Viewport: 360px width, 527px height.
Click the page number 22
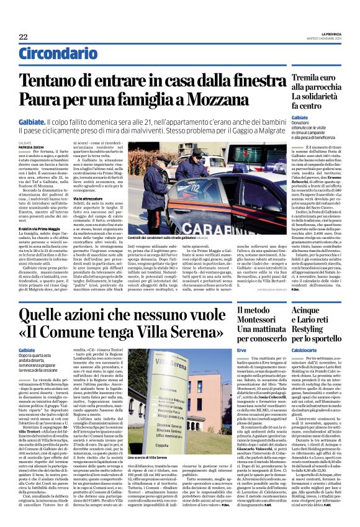click(23, 37)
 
